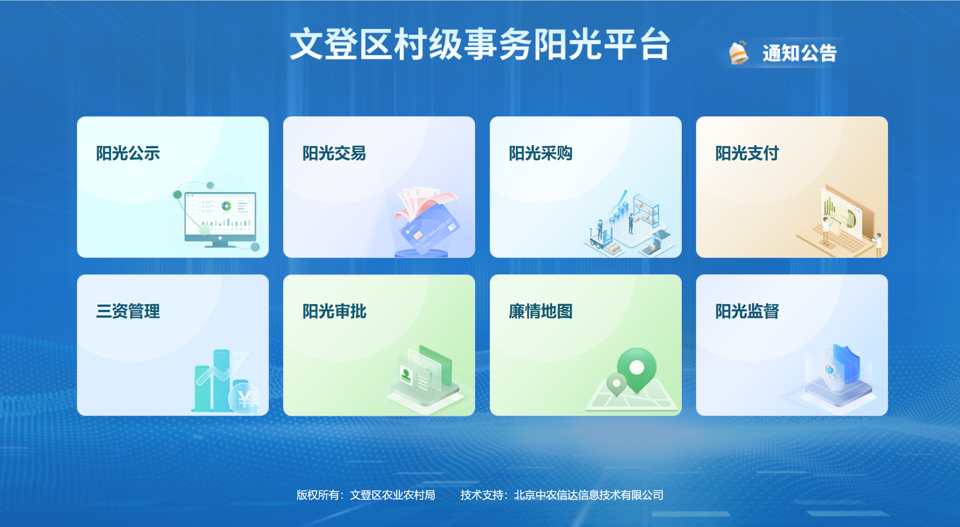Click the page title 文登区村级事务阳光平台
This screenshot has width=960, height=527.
(x=480, y=44)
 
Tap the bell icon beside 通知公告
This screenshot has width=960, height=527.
(x=739, y=53)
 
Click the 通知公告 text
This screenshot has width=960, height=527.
(x=800, y=53)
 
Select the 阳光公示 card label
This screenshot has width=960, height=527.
(x=128, y=153)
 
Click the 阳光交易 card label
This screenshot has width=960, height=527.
(x=334, y=153)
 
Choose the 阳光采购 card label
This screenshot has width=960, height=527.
(x=540, y=153)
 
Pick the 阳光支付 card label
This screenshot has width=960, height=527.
(x=747, y=153)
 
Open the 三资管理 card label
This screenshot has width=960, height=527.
(x=128, y=311)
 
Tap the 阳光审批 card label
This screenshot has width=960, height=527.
(x=334, y=311)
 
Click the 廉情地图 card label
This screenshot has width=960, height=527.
(x=540, y=311)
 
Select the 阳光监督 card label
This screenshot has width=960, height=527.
(x=747, y=311)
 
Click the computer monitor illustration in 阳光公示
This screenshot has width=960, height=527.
(x=220, y=218)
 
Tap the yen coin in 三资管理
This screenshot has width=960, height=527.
(x=244, y=399)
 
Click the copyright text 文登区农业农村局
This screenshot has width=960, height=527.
(x=392, y=495)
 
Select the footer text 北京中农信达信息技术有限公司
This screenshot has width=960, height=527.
(x=588, y=495)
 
